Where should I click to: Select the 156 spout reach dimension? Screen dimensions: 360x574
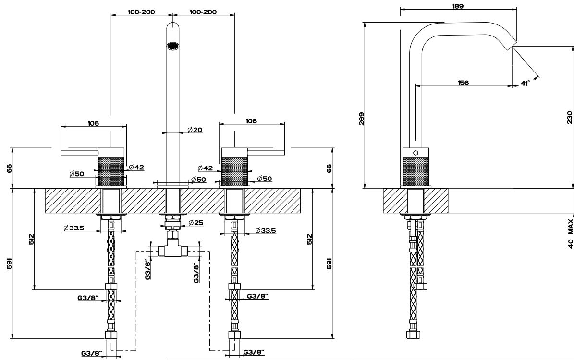(463, 83)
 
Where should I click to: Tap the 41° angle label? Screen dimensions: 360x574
(525, 83)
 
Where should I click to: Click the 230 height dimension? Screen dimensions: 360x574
(570, 118)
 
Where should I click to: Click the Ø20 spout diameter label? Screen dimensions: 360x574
(195, 130)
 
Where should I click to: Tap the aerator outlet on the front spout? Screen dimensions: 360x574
(172, 46)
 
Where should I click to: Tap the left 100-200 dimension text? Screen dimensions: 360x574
(141, 12)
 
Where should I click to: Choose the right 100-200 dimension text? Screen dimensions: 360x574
(203, 12)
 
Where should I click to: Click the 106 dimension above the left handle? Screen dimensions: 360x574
(93, 123)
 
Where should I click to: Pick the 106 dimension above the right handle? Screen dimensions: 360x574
(251, 121)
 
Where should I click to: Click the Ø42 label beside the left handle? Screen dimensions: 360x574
(136, 167)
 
